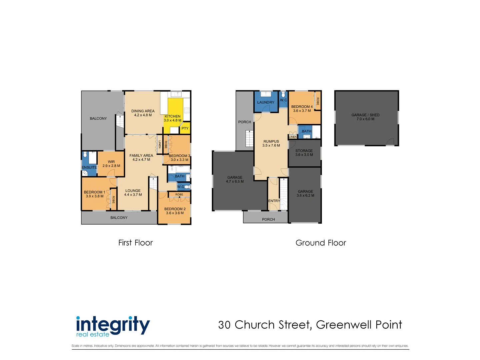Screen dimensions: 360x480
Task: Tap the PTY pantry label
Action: [185, 128]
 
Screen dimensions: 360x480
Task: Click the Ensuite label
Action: [89, 167]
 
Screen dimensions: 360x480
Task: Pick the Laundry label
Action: [266, 102]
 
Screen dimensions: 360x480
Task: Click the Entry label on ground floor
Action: [274, 201]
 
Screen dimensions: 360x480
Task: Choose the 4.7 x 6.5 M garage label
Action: [235, 179]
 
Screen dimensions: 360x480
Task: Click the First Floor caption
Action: [135, 243]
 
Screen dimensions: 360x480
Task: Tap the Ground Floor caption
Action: [321, 243]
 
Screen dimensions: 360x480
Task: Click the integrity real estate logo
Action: [113, 326]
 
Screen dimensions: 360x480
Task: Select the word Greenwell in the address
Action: [344, 325]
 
